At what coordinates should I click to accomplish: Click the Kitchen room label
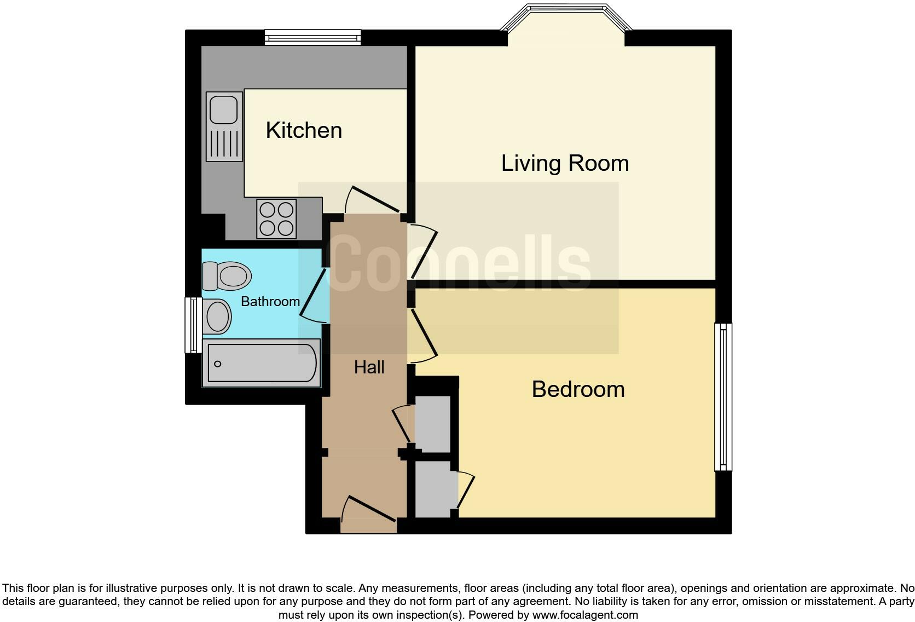[x=304, y=130]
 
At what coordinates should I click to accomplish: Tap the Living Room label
[x=565, y=163]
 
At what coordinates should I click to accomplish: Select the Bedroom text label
[x=578, y=389]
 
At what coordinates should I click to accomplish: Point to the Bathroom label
[x=270, y=301]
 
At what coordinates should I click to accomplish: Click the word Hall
[x=369, y=367]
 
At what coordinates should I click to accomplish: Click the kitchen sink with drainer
[x=224, y=126]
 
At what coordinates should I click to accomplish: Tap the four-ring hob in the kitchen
[x=276, y=218]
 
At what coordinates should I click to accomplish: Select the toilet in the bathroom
[x=226, y=275]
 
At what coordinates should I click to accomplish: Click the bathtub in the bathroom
[x=261, y=363]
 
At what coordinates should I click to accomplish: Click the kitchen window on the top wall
[x=313, y=37]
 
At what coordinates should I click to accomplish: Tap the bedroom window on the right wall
[x=723, y=397]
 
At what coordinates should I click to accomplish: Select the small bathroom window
[x=192, y=325]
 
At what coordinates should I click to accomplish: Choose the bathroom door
[x=312, y=296]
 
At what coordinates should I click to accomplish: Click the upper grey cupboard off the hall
[x=432, y=424]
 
